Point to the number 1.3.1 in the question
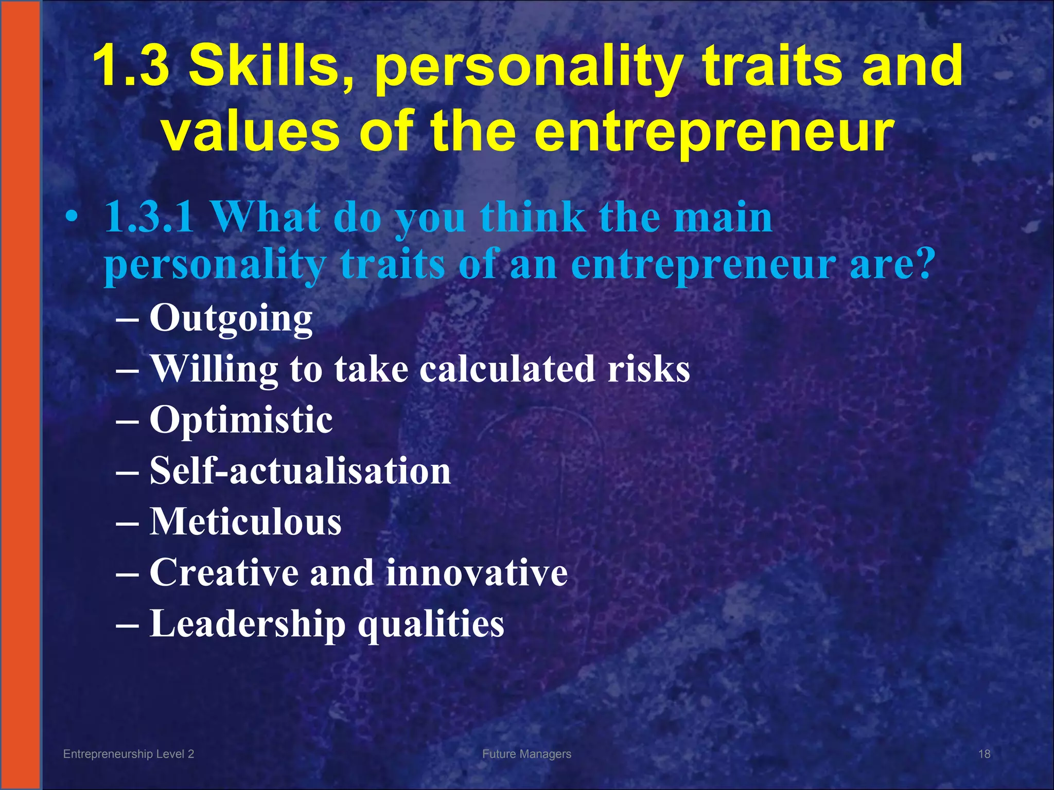(149, 217)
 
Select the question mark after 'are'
(921, 263)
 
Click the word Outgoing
(231, 318)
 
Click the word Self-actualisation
(300, 471)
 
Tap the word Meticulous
(245, 522)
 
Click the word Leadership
(247, 624)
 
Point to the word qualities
(431, 624)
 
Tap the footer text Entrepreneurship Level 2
(128, 754)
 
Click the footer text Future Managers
(526, 754)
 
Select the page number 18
(984, 754)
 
